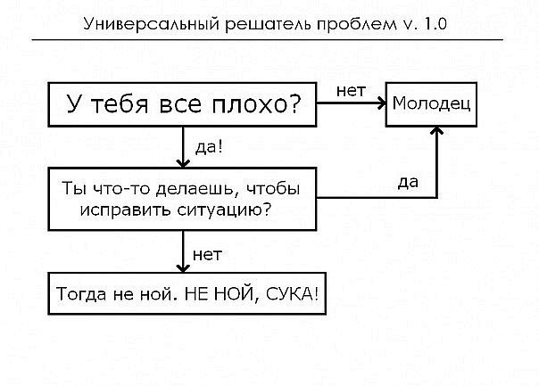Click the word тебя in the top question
click(125, 104)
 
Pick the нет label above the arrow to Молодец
click(350, 90)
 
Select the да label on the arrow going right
click(409, 183)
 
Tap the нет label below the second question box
click(207, 255)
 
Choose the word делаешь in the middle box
click(178, 190)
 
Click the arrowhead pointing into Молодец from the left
click(380, 104)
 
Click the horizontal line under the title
click(268, 40)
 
